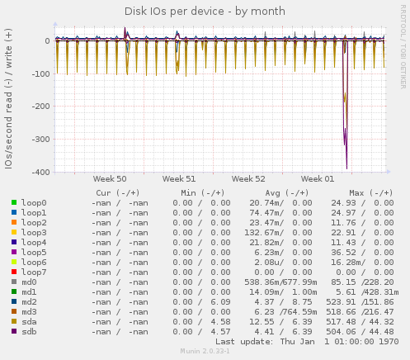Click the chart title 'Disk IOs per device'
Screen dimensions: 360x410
(x=205, y=12)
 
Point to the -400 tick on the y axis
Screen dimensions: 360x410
(x=38, y=172)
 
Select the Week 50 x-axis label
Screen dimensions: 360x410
(x=110, y=178)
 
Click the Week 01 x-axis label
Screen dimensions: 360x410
(x=318, y=178)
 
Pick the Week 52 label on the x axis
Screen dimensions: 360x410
(x=248, y=178)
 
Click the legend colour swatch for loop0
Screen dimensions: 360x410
(x=14, y=202)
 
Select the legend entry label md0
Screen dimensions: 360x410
(x=29, y=282)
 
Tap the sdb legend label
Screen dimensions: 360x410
(x=29, y=331)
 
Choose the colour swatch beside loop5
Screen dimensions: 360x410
(x=14, y=252)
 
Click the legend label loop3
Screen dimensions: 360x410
(x=34, y=232)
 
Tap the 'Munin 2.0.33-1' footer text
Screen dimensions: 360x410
(x=205, y=352)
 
